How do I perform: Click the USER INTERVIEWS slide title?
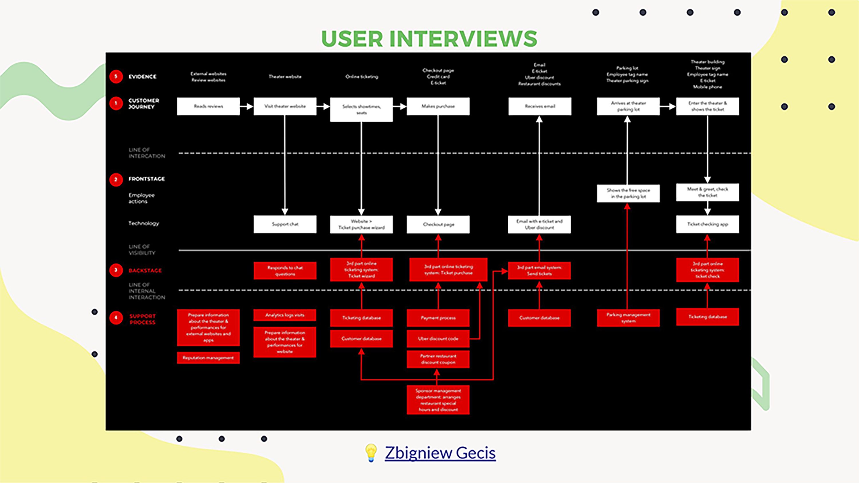tap(429, 39)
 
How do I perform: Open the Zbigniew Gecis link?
tap(440, 453)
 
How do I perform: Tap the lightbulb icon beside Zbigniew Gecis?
tap(371, 453)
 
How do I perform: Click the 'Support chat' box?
tap(285, 224)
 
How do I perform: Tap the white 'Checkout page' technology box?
tap(438, 224)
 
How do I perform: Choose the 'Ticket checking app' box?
tap(707, 224)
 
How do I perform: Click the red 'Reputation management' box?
tap(208, 358)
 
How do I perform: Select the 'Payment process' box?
tap(438, 318)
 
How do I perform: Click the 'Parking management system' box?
tap(628, 318)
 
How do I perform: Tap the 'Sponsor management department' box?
tap(438, 400)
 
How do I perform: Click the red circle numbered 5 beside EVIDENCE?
tap(116, 77)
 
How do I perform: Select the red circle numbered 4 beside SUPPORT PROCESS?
tap(116, 318)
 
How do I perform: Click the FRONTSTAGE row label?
tap(146, 179)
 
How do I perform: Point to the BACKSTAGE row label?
tap(145, 270)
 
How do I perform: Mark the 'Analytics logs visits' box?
tap(285, 315)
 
